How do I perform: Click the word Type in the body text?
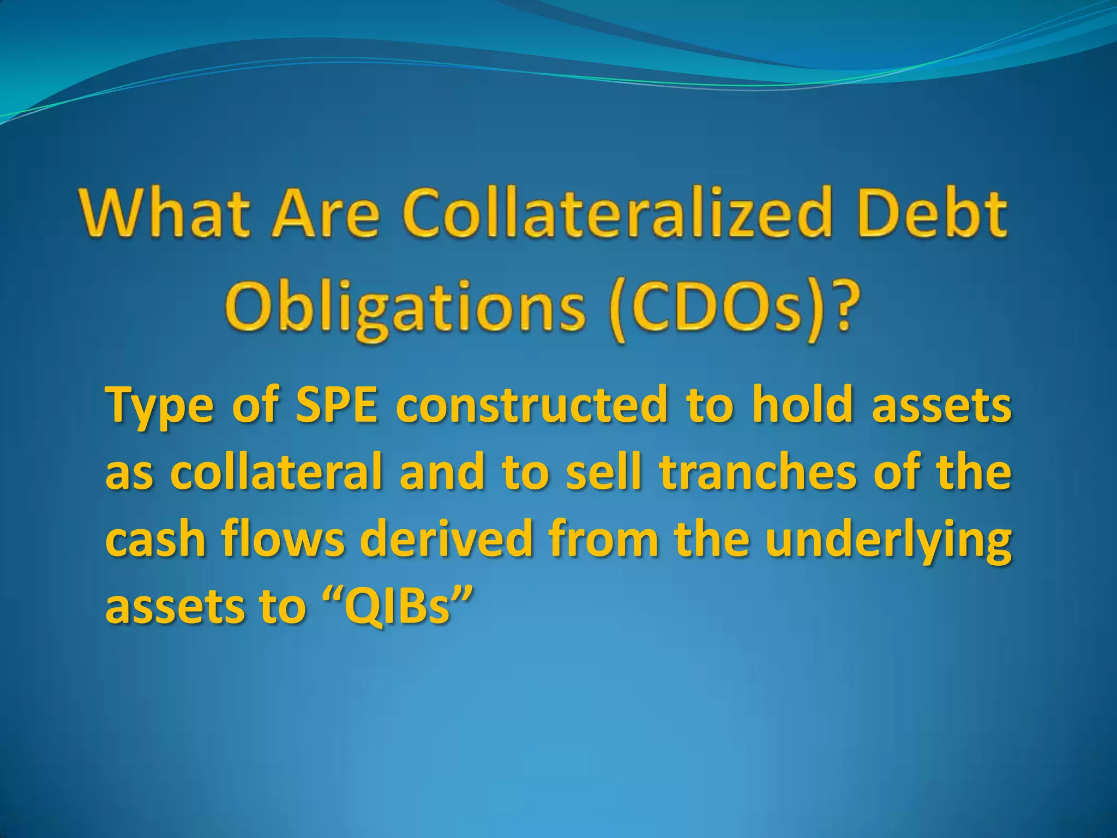(159, 406)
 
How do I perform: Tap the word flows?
(283, 539)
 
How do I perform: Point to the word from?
(603, 539)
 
